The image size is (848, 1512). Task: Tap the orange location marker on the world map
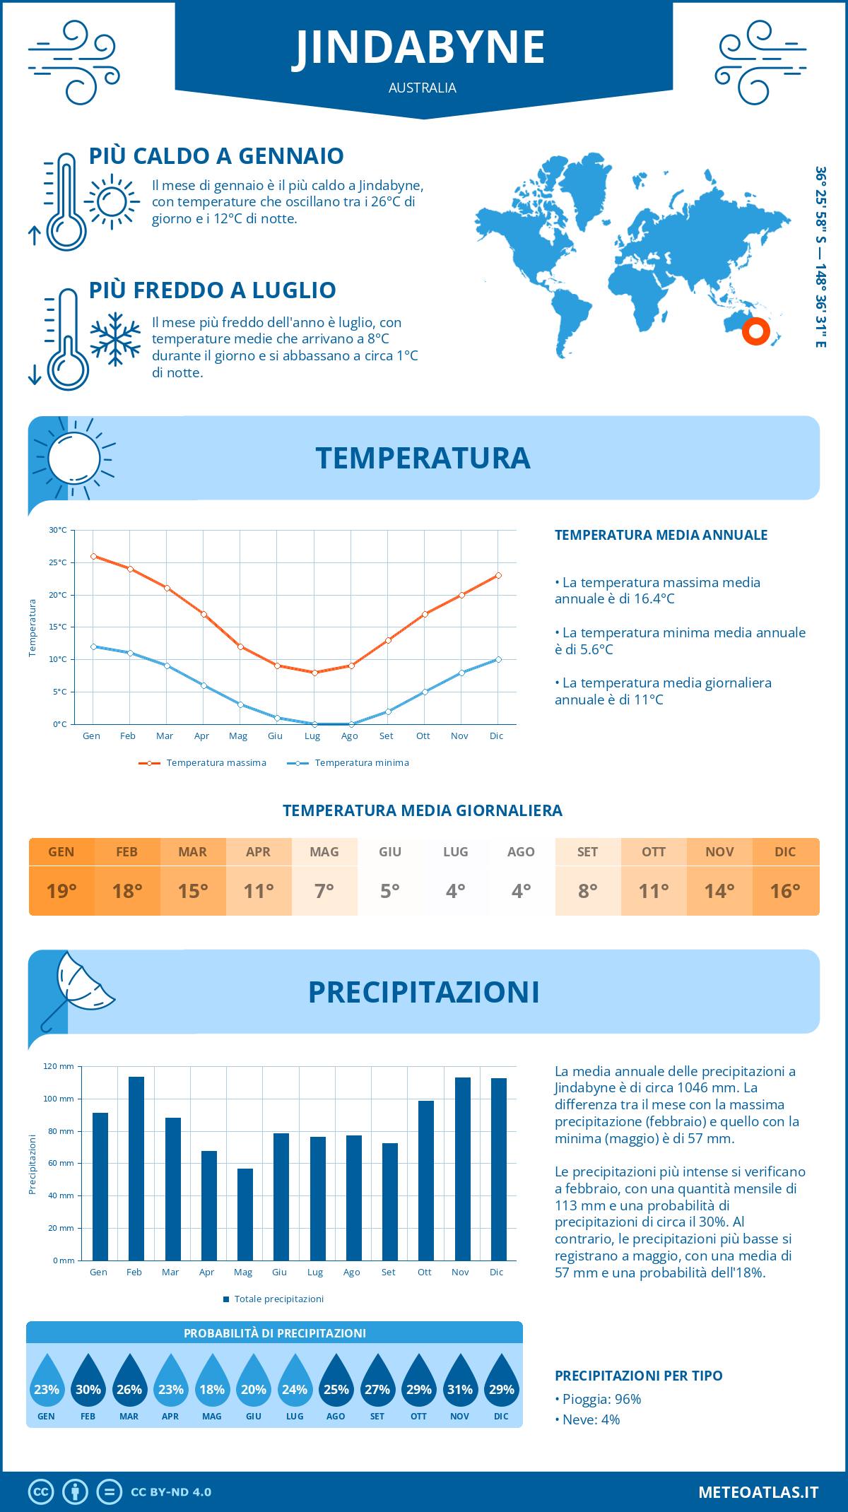755,331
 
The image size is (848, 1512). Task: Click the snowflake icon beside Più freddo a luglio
115,339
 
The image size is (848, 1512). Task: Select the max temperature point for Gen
93,556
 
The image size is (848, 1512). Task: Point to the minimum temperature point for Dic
498,659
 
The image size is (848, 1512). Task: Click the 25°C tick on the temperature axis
58,562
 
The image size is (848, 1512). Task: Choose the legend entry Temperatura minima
361,763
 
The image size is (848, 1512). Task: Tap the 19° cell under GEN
61,891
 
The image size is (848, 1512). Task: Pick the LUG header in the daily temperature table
455,852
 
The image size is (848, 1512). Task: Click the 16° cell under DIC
785,891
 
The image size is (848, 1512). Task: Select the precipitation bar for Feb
136,1169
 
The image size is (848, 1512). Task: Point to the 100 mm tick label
59,1099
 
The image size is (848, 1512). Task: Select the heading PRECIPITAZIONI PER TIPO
638,1376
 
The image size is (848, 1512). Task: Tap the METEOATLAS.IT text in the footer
758,1492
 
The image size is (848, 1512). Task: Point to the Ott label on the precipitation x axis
424,1272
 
